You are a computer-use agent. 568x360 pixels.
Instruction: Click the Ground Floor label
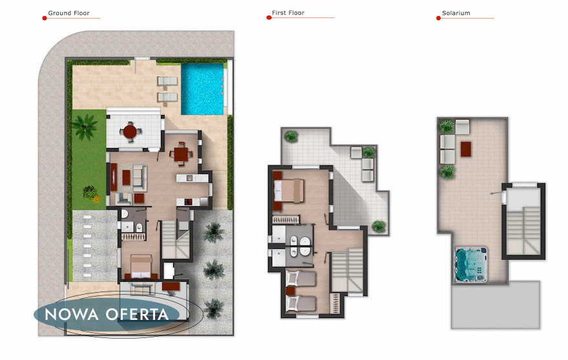(68, 13)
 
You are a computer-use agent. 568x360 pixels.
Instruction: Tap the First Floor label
(288, 13)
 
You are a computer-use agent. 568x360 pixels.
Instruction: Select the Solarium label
(456, 13)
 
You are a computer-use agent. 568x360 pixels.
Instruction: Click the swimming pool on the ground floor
(202, 89)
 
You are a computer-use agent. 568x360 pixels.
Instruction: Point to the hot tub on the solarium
(471, 264)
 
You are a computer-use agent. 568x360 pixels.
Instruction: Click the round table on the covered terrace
(130, 132)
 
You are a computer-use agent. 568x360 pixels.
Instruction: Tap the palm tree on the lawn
(85, 127)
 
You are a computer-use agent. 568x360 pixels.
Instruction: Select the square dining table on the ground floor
(181, 154)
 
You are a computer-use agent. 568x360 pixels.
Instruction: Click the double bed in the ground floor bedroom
(141, 267)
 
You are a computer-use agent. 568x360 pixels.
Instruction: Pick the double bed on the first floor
(289, 191)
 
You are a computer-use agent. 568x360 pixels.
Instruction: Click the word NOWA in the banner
(71, 314)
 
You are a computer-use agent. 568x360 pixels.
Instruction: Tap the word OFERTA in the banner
(138, 314)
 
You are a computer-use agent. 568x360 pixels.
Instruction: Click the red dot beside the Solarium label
(438, 18)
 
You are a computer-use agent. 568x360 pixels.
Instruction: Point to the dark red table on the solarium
(466, 149)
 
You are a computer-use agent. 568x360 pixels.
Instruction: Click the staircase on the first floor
(347, 270)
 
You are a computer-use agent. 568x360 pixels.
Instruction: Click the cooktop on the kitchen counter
(189, 202)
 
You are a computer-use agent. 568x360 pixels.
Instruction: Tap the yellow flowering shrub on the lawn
(96, 198)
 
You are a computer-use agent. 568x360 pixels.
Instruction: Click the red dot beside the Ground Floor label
(45, 18)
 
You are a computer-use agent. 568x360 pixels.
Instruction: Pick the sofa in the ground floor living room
(140, 178)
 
